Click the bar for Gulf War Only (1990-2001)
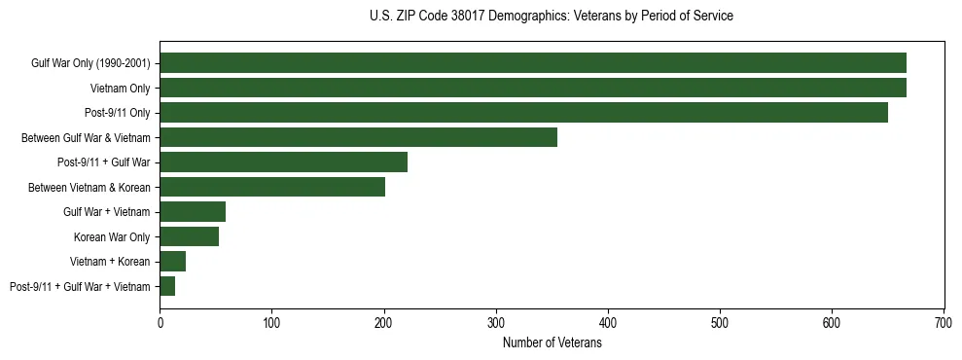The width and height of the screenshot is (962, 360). pyautogui.click(x=533, y=63)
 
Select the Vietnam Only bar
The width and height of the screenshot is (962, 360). pyautogui.click(x=533, y=88)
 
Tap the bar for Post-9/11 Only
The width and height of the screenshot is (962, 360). pyautogui.click(x=523, y=113)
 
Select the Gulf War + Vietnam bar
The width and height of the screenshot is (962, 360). pyautogui.click(x=193, y=212)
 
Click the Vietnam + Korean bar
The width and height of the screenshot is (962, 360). pyautogui.click(x=172, y=262)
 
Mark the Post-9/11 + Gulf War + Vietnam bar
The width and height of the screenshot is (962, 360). pyautogui.click(x=167, y=286)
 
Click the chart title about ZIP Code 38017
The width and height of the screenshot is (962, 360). pyautogui.click(x=552, y=17)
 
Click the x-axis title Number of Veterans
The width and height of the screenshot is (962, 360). pyautogui.click(x=552, y=343)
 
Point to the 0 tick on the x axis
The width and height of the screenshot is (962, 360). pyautogui.click(x=160, y=322)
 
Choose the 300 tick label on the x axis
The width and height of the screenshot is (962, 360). pyautogui.click(x=496, y=322)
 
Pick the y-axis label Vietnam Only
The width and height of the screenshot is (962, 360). pyautogui.click(x=120, y=88)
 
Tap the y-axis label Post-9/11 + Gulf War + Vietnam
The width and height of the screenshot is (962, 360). pyautogui.click(x=80, y=286)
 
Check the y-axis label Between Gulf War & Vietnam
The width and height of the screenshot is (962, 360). pyautogui.click(x=86, y=137)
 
